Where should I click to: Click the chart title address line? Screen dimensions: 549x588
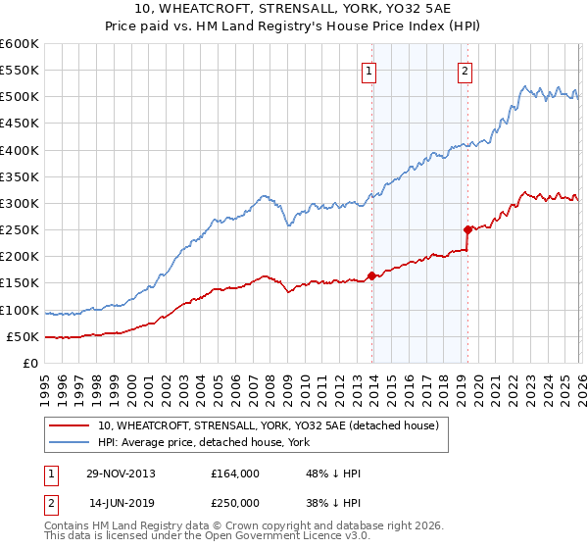(x=293, y=11)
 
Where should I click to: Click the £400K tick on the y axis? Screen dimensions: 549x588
(x=20, y=150)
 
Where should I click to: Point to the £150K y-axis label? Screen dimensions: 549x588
(x=20, y=283)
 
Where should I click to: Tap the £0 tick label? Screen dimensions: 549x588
(x=30, y=363)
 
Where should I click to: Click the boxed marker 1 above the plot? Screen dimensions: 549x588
(x=369, y=70)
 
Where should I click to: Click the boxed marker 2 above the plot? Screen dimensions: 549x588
(x=464, y=70)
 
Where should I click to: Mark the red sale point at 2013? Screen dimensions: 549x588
(x=371, y=275)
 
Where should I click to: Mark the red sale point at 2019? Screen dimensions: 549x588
(x=467, y=229)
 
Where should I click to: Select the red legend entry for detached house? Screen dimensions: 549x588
(x=273, y=424)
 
